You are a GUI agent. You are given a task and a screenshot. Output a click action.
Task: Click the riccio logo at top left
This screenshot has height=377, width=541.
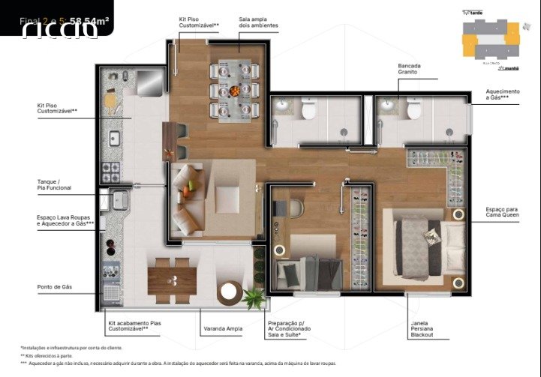tap(59, 29)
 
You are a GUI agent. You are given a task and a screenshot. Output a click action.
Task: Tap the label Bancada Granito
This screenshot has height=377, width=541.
tap(409, 69)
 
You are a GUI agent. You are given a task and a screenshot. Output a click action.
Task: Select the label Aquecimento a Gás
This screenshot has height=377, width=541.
tap(502, 94)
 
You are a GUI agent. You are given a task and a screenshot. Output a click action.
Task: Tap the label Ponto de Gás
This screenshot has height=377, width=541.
tap(55, 287)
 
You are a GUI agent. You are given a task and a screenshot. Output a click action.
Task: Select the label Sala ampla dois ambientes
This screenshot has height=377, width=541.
tap(258, 22)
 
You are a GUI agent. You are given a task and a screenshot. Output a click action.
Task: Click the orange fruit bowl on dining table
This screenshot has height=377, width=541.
tap(236, 91)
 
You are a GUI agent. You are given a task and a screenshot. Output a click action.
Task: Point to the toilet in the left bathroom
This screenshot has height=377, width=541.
tap(308, 111)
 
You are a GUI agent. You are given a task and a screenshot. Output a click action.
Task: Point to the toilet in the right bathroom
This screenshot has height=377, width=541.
tap(413, 111)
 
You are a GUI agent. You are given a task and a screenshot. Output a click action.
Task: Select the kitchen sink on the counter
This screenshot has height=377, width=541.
tap(115, 138)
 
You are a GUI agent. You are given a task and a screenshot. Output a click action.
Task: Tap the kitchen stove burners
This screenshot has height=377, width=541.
tap(111, 170)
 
